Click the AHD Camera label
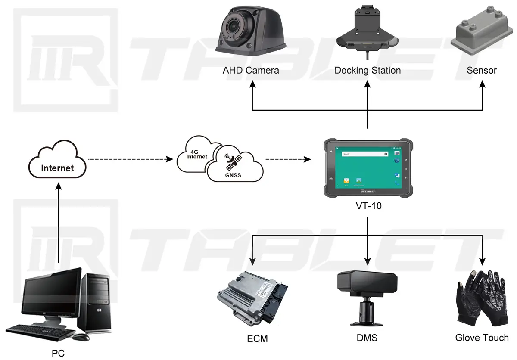[x=251, y=70]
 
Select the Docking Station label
[x=368, y=70]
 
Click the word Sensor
[x=482, y=70]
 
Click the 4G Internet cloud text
[x=197, y=155]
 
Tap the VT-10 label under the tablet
[x=367, y=206]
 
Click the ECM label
[x=257, y=339]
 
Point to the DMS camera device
[x=367, y=297]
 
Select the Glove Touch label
[x=482, y=338]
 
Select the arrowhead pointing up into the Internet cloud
[x=58, y=184]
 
